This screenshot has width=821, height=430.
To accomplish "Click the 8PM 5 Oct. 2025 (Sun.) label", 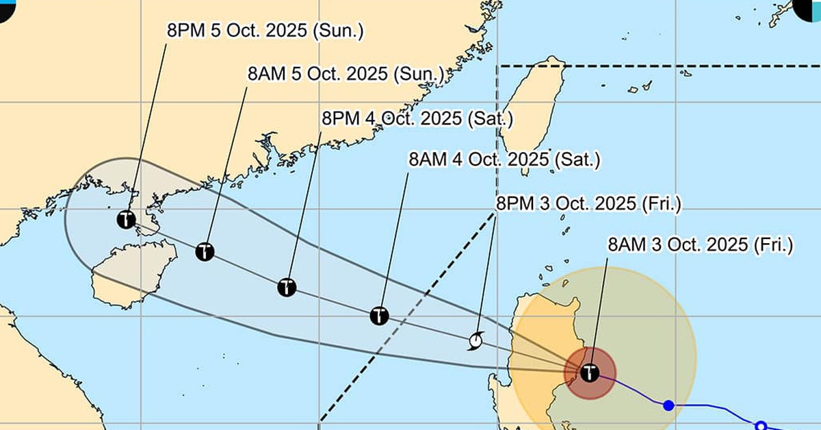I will pyautogui.click(x=266, y=30).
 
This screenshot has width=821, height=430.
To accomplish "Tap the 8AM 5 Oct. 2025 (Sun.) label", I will pyautogui.click(x=346, y=73).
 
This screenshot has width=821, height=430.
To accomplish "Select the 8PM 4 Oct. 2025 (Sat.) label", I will pyautogui.click(x=417, y=118).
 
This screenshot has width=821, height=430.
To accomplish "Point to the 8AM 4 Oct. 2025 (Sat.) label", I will pyautogui.click(x=504, y=160).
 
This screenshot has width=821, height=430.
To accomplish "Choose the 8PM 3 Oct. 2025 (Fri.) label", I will pyautogui.click(x=588, y=203).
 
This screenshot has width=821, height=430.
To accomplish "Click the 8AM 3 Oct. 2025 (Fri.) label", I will pyautogui.click(x=701, y=244).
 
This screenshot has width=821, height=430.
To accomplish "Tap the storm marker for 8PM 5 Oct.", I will pyautogui.click(x=126, y=220).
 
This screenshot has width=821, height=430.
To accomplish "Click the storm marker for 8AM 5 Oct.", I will pyautogui.click(x=205, y=251).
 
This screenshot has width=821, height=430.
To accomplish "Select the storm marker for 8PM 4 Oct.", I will pyautogui.click(x=287, y=287).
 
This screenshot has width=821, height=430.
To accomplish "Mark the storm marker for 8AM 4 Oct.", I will pyautogui.click(x=379, y=316).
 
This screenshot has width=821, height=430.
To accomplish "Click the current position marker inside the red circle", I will pyautogui.click(x=589, y=373).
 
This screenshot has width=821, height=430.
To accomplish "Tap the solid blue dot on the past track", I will pyautogui.click(x=668, y=405).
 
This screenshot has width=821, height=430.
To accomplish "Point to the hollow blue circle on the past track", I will pyautogui.click(x=760, y=425).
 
